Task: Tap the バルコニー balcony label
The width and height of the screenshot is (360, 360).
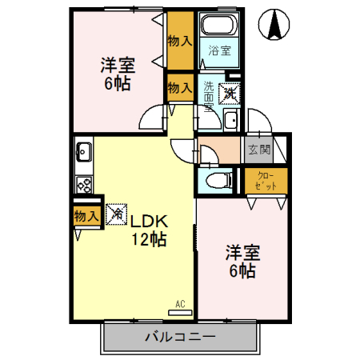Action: pos(179,337)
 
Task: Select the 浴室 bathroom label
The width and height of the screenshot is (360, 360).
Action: pos(219,50)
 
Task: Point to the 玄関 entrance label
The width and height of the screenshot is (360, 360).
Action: pos(258,149)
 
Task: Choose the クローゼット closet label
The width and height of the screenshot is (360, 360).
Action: pos(266,180)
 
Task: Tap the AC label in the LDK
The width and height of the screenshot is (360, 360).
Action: pos(180,303)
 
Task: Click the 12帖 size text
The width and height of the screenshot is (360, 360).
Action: pos(150,238)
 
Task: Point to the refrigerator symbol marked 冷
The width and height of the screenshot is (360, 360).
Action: pos(116,214)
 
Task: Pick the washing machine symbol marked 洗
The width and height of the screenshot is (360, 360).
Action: pos(230,92)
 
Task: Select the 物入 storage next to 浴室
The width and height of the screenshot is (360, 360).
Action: pos(180,41)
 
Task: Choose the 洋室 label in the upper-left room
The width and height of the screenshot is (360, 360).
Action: pos(116,62)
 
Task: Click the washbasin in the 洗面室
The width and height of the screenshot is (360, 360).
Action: pos(230,121)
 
